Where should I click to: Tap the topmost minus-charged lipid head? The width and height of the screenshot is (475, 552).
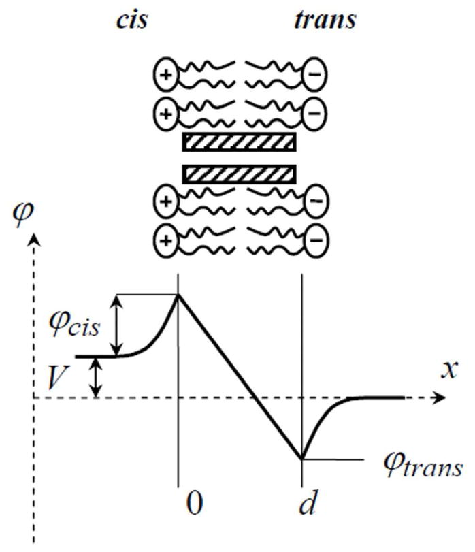click(x=313, y=75)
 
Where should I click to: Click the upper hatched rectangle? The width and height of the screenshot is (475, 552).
click(x=239, y=142)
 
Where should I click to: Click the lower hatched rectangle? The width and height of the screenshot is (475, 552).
click(x=239, y=174)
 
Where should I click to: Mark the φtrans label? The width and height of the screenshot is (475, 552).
click(x=423, y=468)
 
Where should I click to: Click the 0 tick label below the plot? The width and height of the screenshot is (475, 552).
click(x=194, y=504)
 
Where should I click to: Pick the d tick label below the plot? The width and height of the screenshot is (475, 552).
click(x=303, y=504)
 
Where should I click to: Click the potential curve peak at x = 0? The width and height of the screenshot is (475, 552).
click(x=178, y=294)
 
